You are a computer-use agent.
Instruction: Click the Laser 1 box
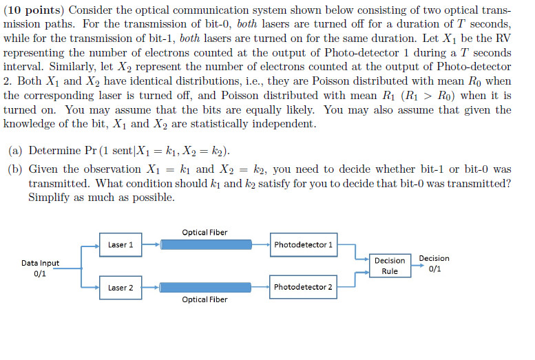coord(120,244)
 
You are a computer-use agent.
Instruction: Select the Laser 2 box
coord(120,287)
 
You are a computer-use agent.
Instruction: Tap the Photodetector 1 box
coord(303,244)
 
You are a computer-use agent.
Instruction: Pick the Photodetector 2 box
coord(303,287)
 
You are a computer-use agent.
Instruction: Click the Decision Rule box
coord(390,266)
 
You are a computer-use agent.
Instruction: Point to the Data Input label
coord(40,263)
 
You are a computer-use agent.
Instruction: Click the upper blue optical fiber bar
coord(204,244)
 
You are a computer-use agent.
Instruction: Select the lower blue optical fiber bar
coord(204,287)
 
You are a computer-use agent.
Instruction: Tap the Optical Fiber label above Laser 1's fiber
coord(204,232)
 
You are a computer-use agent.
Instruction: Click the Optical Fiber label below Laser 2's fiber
coord(204,299)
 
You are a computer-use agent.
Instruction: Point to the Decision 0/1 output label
coord(434,264)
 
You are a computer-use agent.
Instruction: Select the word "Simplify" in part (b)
coord(50,197)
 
